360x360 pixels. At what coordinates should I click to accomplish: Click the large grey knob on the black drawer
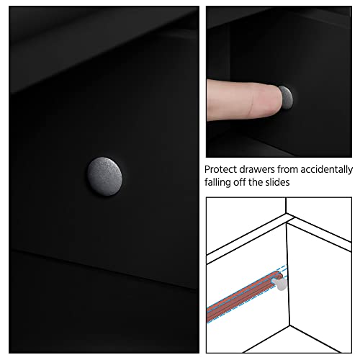click(104, 176)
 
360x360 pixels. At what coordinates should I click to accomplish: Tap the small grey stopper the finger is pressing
click(287, 97)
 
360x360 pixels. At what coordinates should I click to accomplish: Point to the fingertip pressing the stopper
click(276, 99)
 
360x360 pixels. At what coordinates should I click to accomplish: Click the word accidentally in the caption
click(326, 170)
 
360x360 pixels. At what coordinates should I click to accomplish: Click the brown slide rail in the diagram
click(243, 296)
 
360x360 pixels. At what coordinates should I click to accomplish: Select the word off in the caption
click(240, 182)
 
